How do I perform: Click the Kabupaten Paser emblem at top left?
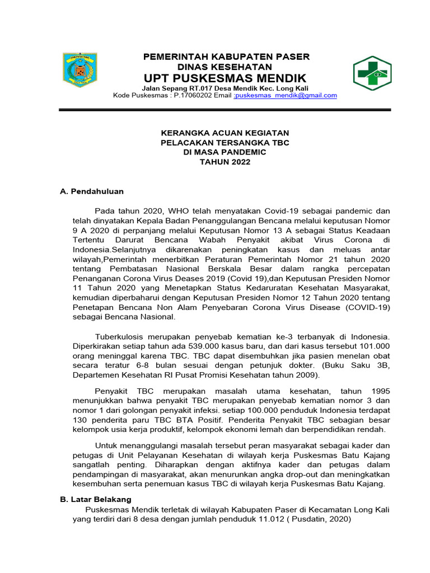[x=78, y=72]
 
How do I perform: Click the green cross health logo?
[x=372, y=73]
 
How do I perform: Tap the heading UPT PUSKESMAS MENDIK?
[x=225, y=77]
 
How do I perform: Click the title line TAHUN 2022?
[x=225, y=162]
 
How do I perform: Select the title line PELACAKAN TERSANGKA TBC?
[x=225, y=143]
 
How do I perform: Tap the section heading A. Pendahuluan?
[x=92, y=191]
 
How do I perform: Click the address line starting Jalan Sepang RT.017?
[x=225, y=88]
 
